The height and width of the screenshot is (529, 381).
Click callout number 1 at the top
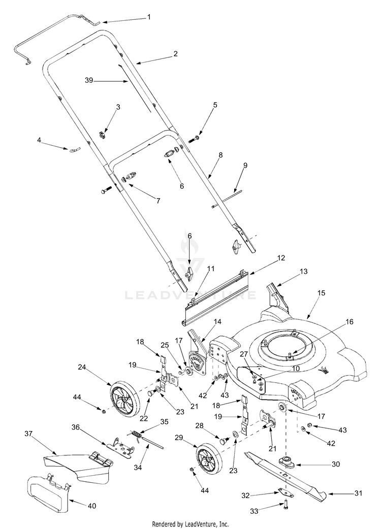click(149, 17)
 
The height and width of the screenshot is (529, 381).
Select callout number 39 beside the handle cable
click(89, 80)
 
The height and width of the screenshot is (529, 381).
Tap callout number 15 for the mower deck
click(321, 293)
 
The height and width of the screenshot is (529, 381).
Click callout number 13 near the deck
click(304, 272)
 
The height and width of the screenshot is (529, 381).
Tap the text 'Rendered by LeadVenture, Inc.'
click(190, 523)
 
